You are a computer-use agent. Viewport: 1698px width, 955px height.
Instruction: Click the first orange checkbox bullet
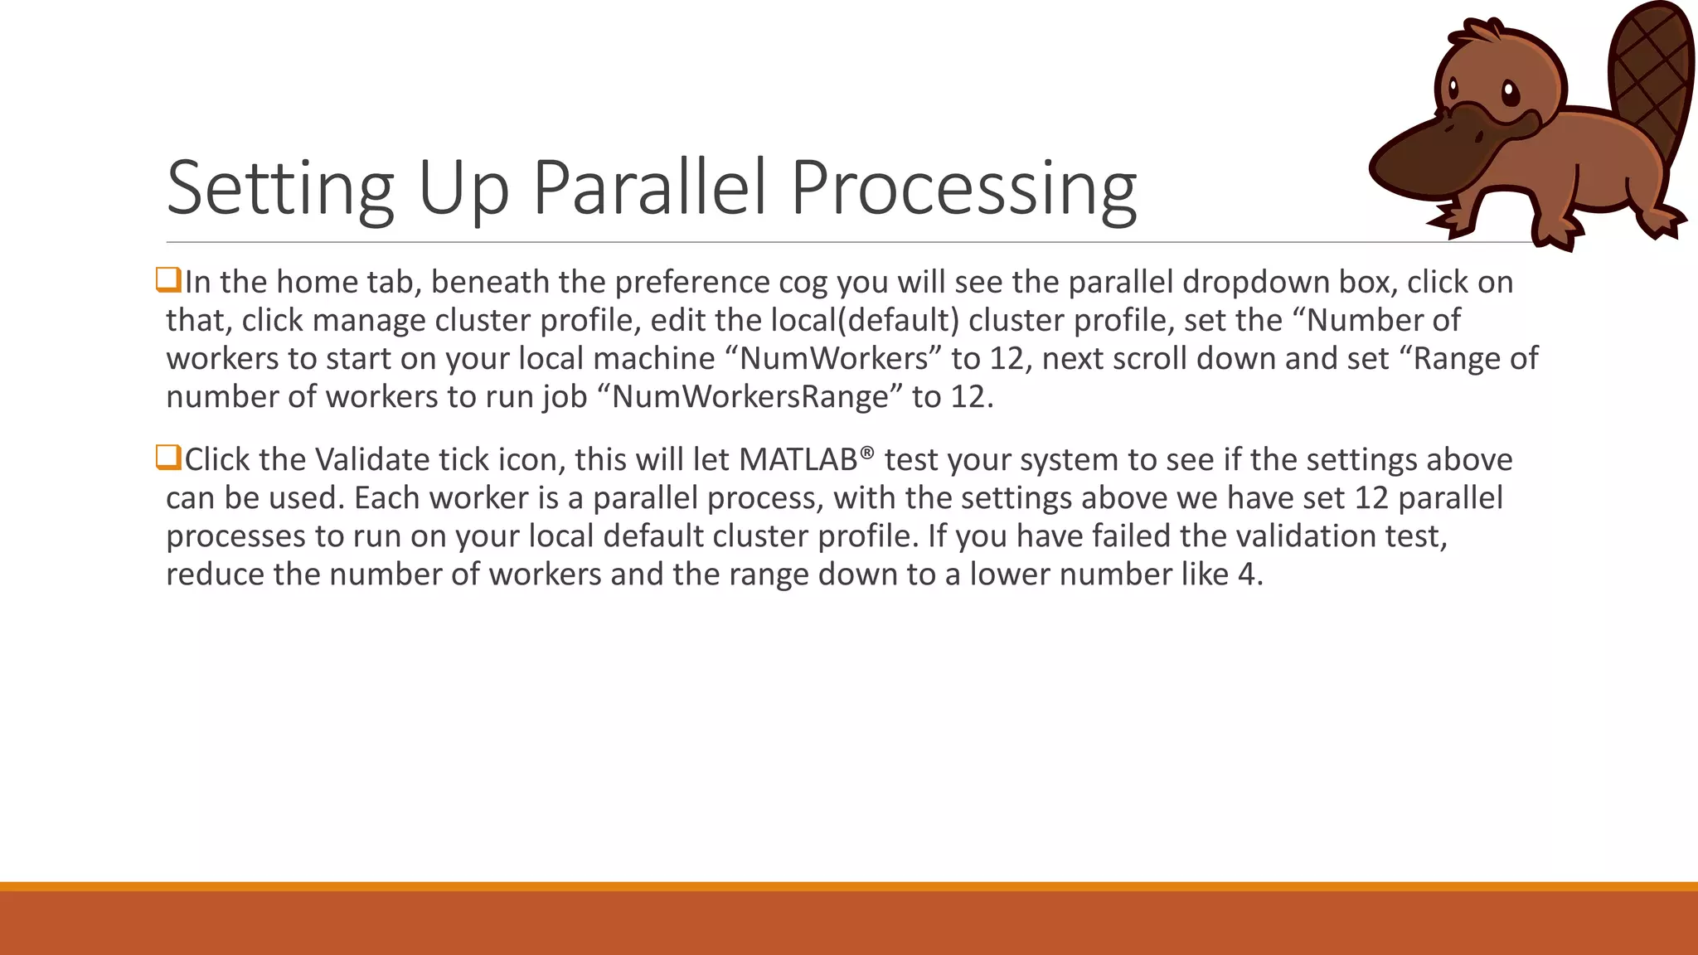[x=168, y=280]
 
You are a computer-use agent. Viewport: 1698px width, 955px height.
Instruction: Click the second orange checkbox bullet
[x=168, y=458]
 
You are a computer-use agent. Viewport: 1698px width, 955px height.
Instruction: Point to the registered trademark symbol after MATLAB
[x=867, y=453]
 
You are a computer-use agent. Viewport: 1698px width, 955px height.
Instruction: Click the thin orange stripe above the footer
[x=849, y=886]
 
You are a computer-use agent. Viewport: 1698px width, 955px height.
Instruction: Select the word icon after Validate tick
[x=531, y=460]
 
